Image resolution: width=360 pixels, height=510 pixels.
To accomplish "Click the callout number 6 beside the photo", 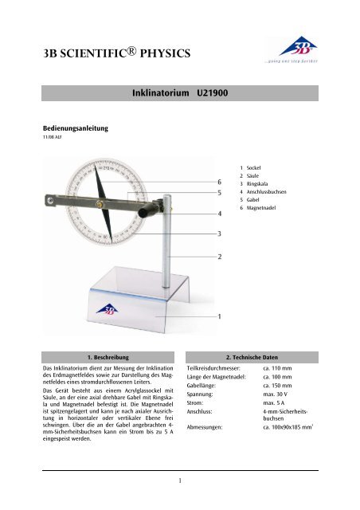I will (220, 182).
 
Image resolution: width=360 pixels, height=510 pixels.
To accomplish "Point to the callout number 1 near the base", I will (220, 316).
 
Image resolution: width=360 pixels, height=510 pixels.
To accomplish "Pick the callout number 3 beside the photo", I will (220, 233).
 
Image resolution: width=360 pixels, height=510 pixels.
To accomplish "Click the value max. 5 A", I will (276, 406).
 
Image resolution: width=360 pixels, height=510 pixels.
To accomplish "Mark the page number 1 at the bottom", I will (180, 481).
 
